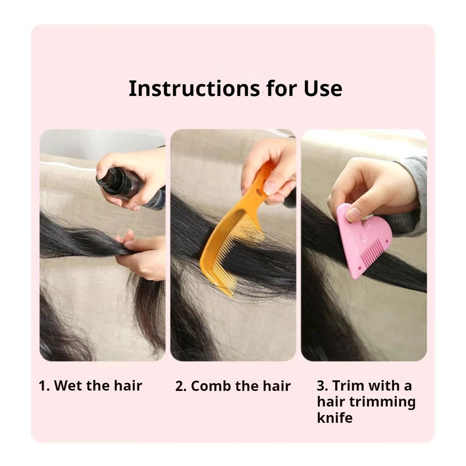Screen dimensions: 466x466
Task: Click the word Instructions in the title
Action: (x=194, y=89)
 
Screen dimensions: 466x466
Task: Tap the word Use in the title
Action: (x=323, y=89)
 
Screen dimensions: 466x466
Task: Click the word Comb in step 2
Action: (x=211, y=386)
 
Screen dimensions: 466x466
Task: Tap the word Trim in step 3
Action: (x=346, y=386)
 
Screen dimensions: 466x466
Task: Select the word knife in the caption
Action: (x=334, y=417)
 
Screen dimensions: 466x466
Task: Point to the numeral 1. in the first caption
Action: (x=44, y=386)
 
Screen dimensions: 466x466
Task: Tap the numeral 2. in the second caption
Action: (x=181, y=386)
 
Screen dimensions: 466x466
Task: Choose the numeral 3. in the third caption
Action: (x=323, y=386)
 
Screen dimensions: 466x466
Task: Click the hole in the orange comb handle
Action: (x=259, y=193)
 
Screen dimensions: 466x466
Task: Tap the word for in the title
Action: (x=282, y=89)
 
